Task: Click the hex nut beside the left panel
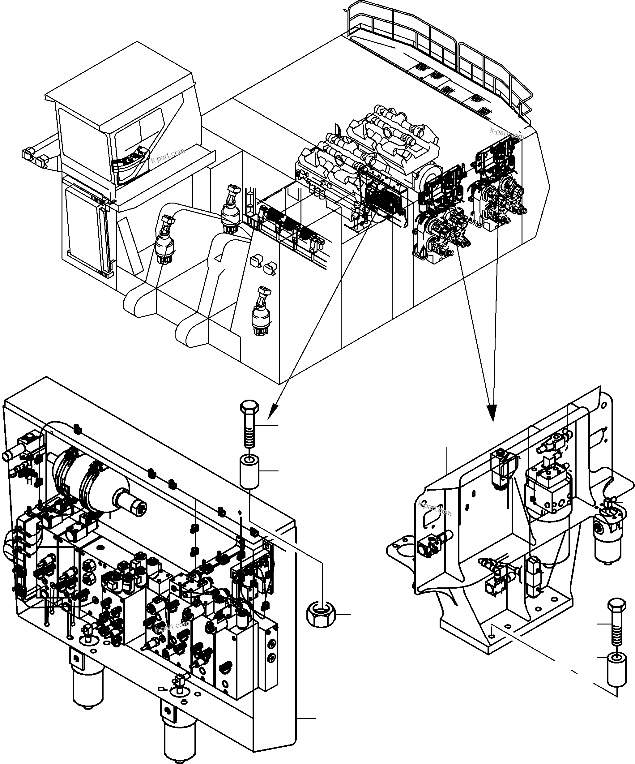point(320,615)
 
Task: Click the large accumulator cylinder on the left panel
point(95,473)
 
